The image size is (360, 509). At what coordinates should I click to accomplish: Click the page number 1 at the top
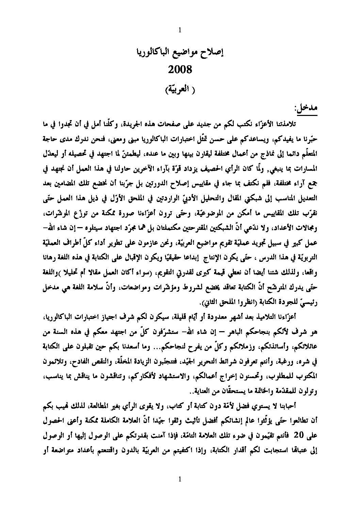180,31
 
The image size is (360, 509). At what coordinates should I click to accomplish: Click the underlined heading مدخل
306,110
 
